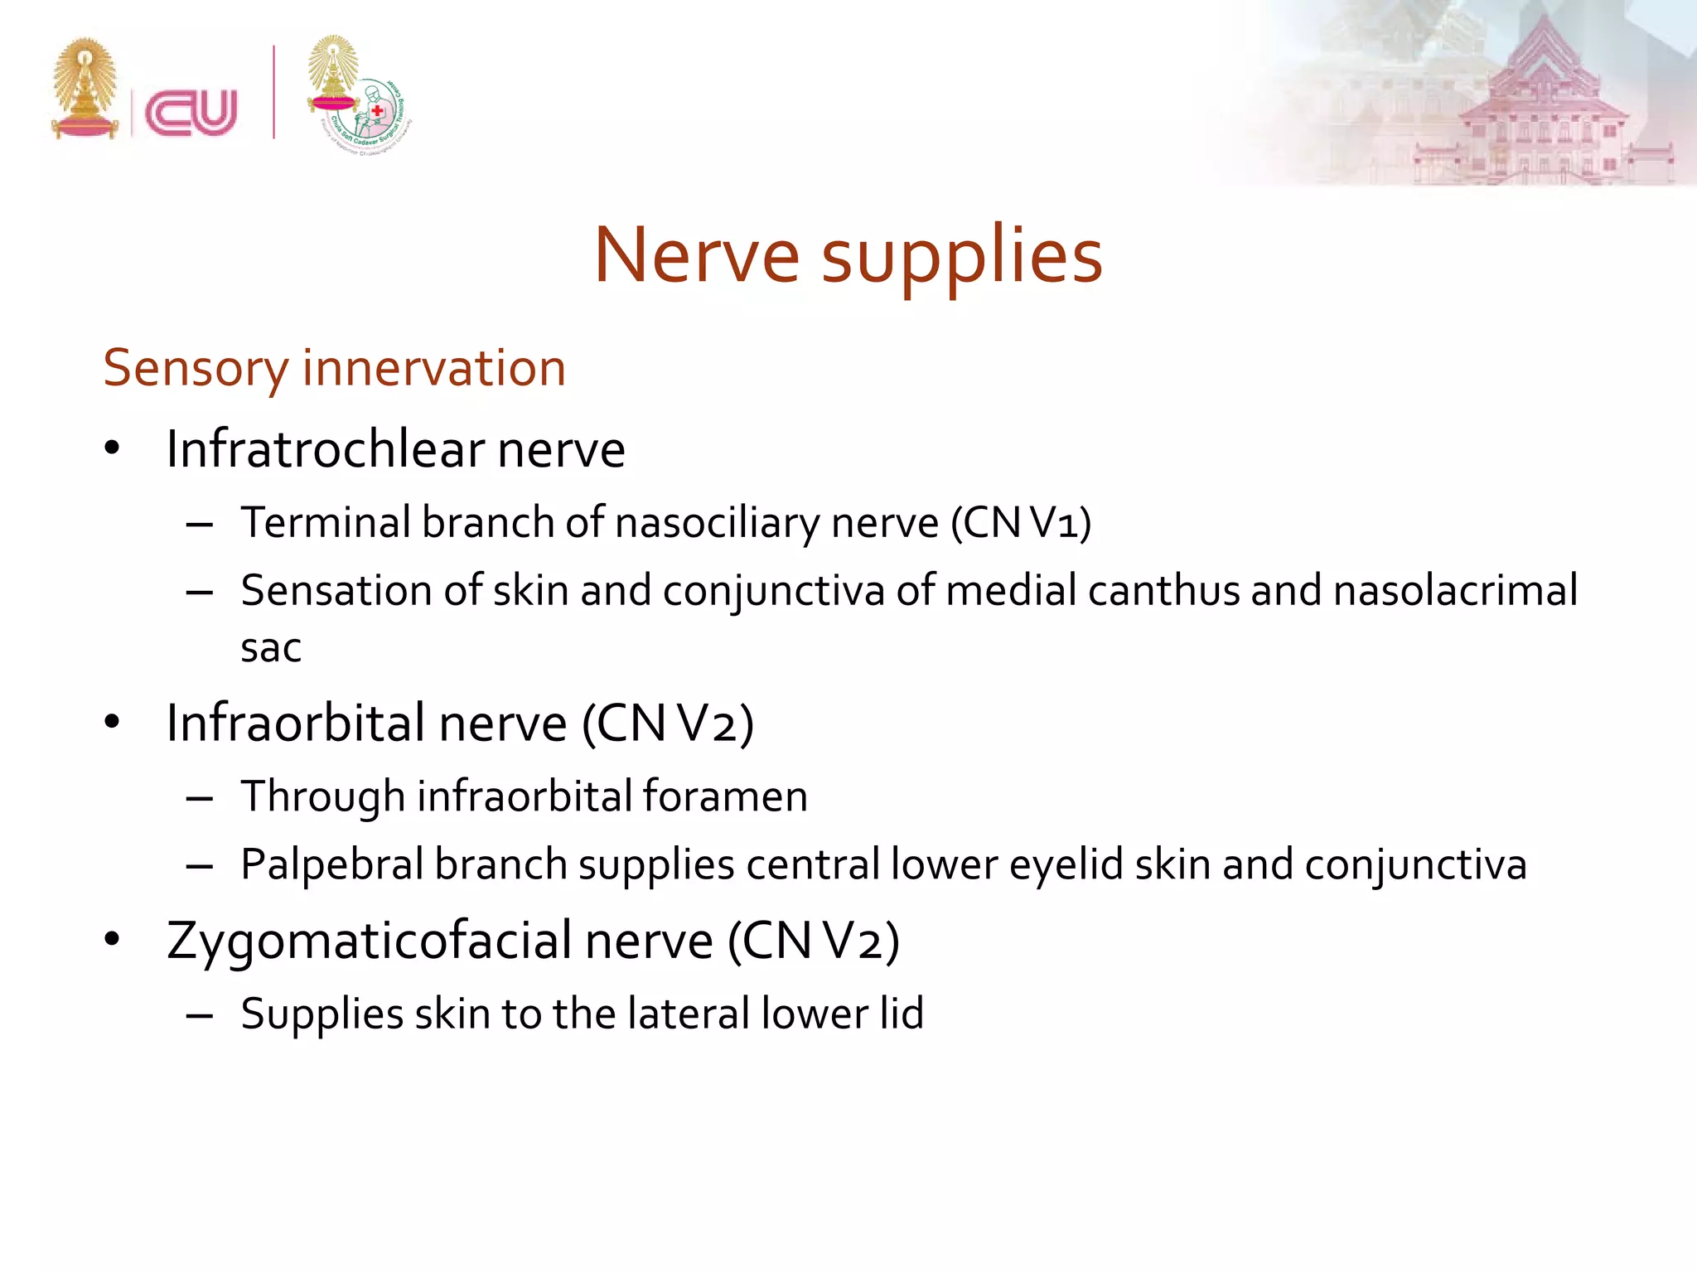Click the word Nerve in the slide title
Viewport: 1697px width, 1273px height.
696,255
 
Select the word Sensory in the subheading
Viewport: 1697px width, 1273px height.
195,369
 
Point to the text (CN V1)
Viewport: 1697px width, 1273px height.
1021,523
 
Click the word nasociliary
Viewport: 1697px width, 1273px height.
718,523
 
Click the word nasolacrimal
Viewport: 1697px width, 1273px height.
1455,591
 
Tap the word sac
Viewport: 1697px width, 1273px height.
270,648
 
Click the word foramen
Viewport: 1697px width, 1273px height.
724,796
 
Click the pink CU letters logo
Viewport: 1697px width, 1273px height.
191,113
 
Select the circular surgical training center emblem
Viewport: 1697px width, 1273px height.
376,116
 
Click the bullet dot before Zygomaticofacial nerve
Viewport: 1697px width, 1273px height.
113,940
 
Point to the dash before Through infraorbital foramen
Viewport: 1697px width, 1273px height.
200,798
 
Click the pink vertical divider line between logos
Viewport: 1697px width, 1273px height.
273,91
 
